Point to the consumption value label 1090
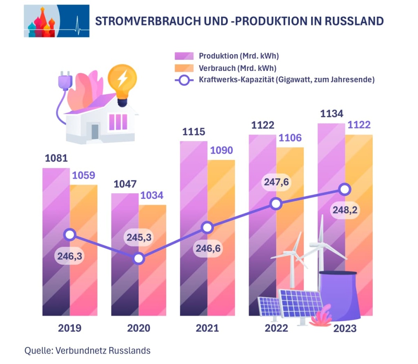(221, 150)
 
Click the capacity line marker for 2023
(345, 189)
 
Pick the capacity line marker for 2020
(139, 258)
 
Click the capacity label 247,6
(276, 182)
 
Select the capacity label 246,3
(69, 256)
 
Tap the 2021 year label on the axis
(207, 328)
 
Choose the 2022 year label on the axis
(276, 328)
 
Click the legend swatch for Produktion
(184, 56)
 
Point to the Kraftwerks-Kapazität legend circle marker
(184, 80)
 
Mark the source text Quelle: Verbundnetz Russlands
(87, 350)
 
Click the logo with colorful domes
(56, 21)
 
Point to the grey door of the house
(95, 132)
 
